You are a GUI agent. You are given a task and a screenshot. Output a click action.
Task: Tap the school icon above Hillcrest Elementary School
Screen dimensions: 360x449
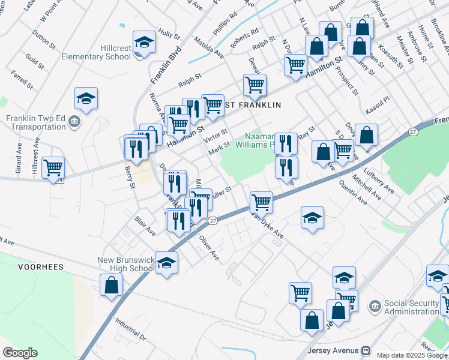pyautogui.click(x=143, y=43)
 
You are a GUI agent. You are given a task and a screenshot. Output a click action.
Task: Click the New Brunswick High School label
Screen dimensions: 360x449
pyautogui.click(x=125, y=265)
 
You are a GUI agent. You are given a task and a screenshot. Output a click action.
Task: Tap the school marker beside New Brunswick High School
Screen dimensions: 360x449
pyautogui.click(x=166, y=262)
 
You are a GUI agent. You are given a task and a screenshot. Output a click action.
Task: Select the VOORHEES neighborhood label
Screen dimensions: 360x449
pyautogui.click(x=41, y=266)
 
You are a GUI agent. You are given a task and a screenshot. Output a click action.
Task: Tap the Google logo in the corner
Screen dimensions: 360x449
pyautogui.click(x=20, y=353)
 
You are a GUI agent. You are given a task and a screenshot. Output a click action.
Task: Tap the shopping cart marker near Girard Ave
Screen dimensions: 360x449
pyautogui.click(x=53, y=167)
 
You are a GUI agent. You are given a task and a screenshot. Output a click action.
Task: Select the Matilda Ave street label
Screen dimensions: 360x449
pyautogui.click(x=209, y=47)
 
